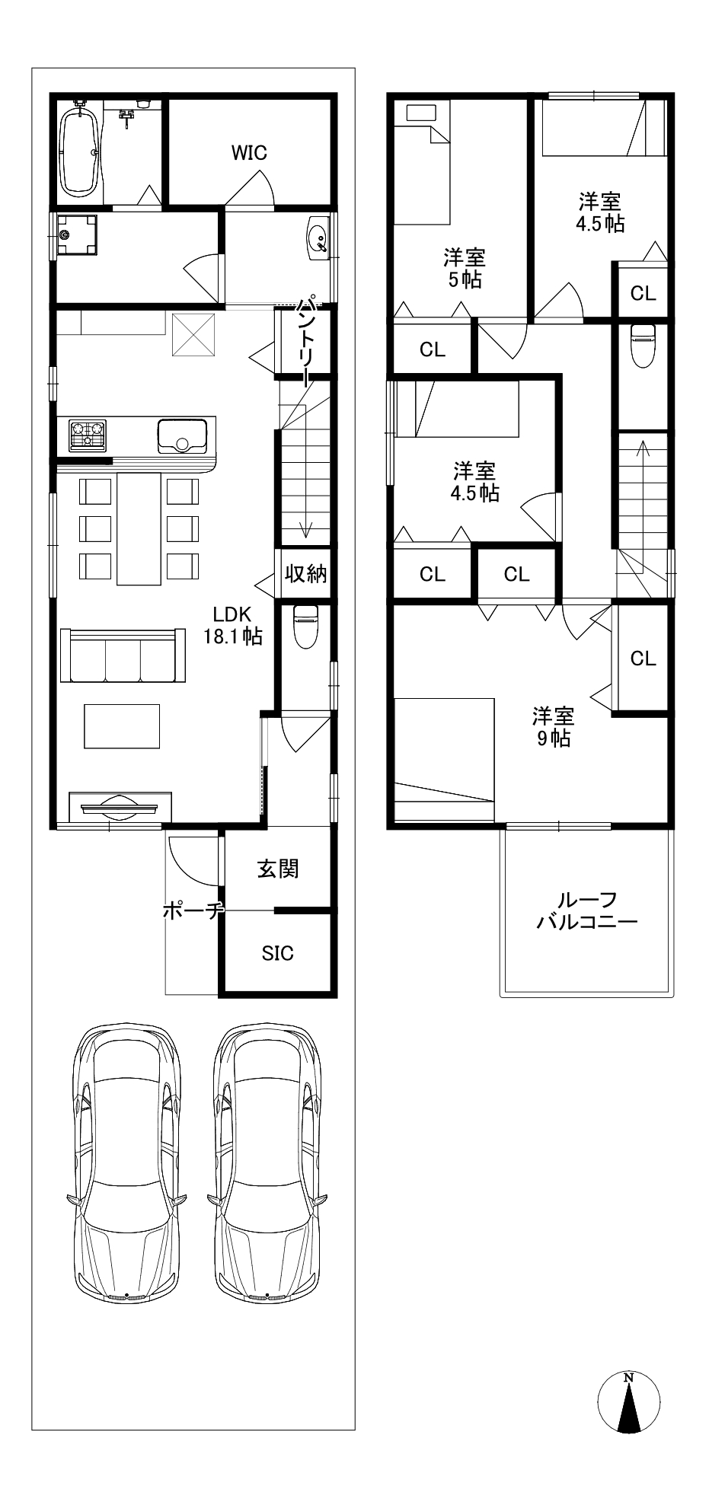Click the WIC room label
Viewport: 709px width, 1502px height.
point(249,152)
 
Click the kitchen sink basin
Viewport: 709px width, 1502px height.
point(182,435)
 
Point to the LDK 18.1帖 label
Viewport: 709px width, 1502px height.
point(233,625)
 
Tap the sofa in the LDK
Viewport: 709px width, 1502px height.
point(123,655)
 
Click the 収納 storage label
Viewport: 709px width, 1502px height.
point(305,573)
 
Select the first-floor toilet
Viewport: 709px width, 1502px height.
point(305,625)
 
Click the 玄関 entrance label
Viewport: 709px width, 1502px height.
point(277,869)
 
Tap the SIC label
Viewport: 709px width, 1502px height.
point(277,953)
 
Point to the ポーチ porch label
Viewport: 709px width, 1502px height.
point(193,910)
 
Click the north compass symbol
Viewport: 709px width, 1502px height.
point(628,1402)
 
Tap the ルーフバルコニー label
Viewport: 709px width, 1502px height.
point(586,911)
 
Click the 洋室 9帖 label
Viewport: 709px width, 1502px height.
point(553,727)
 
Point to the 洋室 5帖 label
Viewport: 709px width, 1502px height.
point(465,268)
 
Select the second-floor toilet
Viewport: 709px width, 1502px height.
point(644,345)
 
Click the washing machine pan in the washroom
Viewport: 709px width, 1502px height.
point(78,235)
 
